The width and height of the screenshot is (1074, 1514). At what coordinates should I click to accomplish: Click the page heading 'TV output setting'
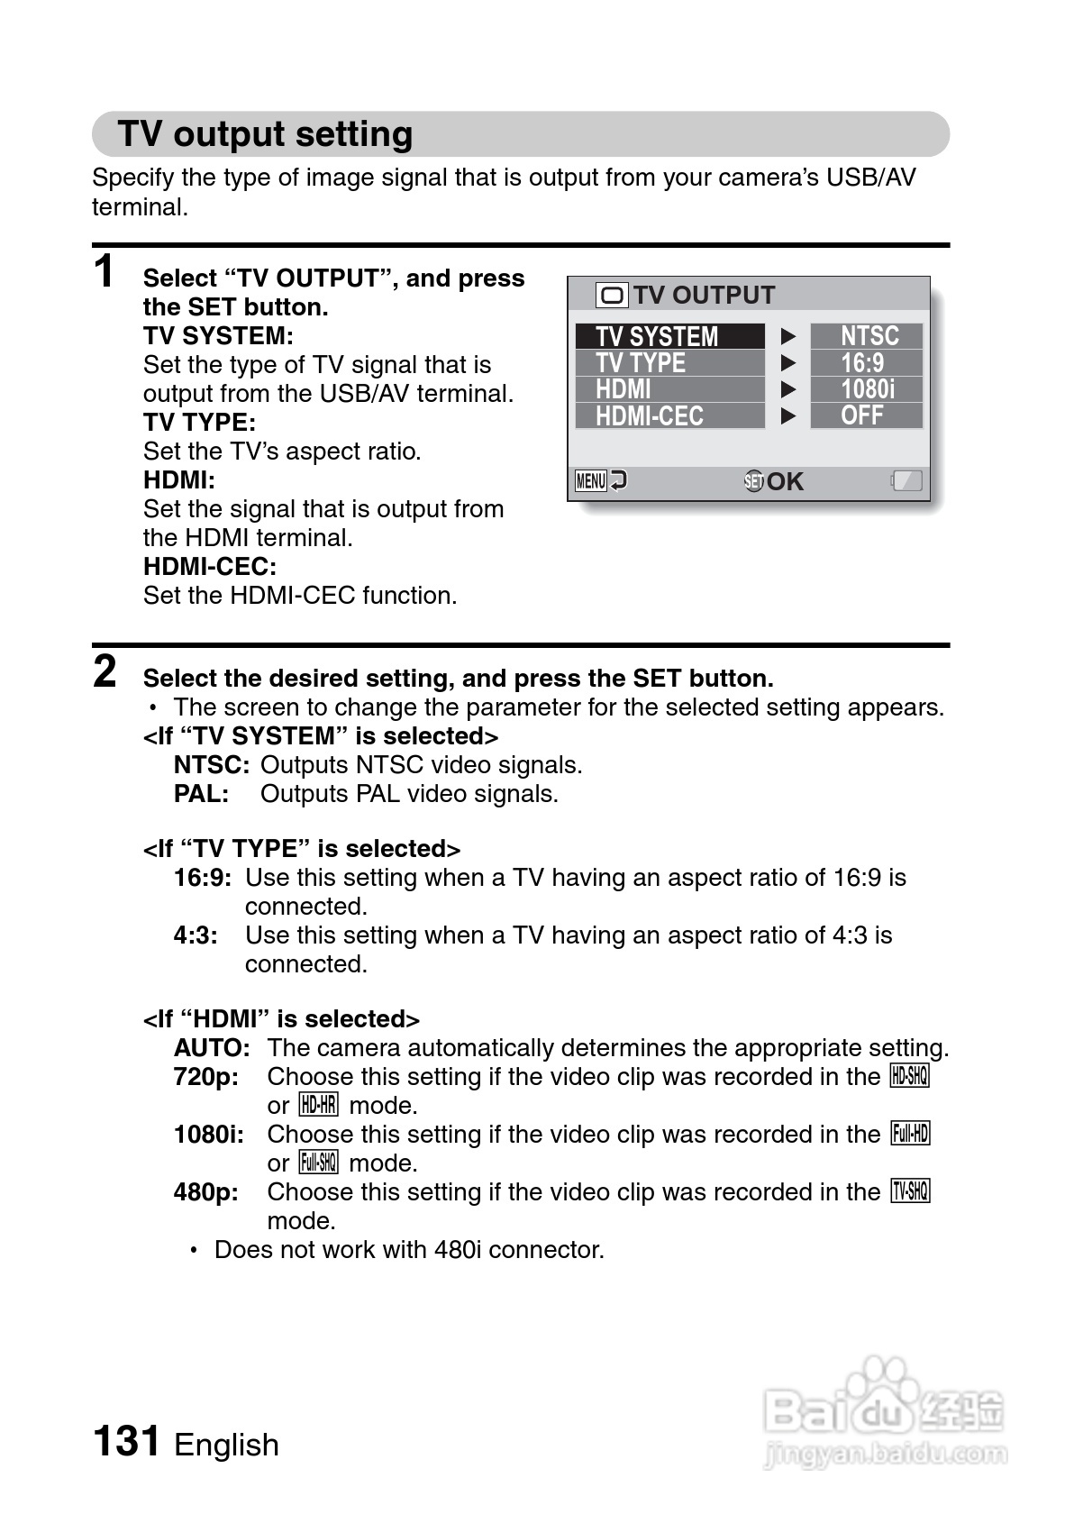[265, 134]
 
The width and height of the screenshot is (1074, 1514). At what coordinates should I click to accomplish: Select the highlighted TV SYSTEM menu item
[669, 336]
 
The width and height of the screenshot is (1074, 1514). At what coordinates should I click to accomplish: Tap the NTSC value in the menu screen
[868, 336]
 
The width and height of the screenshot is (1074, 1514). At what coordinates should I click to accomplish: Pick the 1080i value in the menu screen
[867, 389]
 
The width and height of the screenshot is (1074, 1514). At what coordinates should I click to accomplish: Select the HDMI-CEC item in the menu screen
[669, 416]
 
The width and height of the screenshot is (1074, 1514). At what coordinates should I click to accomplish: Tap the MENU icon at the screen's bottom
[591, 481]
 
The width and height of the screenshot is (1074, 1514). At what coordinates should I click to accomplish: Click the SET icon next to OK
[753, 481]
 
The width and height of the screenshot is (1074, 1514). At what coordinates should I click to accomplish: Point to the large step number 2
[105, 671]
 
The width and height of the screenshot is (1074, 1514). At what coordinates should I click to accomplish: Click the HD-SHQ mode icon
[909, 1076]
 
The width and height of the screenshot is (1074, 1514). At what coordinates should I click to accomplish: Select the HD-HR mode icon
[318, 1105]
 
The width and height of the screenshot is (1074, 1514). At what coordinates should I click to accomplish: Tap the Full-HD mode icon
[909, 1134]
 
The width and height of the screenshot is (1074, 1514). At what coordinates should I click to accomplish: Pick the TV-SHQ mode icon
[910, 1191]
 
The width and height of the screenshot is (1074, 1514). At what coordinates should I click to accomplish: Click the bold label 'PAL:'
[201, 794]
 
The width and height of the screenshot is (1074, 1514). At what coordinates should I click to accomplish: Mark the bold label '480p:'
[206, 1192]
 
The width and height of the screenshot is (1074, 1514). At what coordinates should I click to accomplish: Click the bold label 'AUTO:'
[212, 1048]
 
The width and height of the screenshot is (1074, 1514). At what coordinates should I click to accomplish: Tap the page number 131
[127, 1441]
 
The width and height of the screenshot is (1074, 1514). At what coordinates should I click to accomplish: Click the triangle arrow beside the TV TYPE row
[788, 363]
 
